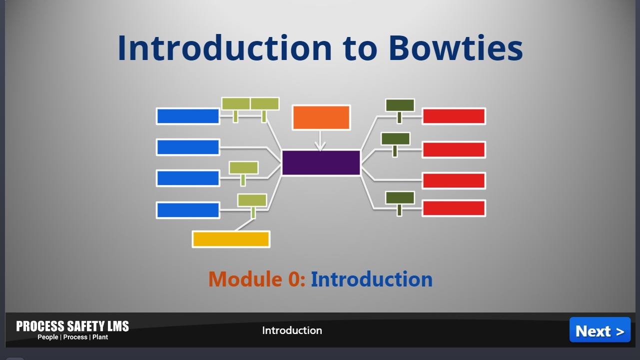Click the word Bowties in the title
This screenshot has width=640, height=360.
click(456, 48)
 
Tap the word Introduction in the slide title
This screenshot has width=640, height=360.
click(224, 48)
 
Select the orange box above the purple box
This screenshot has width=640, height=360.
click(321, 117)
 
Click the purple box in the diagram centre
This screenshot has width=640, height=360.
click(321, 162)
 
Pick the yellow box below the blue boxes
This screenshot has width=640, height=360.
click(231, 239)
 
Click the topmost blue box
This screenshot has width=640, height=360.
click(188, 116)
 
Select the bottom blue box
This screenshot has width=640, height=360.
click(188, 210)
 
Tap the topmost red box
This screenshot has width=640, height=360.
click(454, 116)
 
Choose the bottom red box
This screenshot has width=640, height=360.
click(454, 208)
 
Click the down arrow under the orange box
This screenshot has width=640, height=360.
click(320, 140)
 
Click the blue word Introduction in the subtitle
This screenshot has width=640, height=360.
click(372, 279)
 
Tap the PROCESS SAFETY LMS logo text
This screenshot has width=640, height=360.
click(72, 326)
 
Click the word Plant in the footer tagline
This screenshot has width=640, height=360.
click(100, 337)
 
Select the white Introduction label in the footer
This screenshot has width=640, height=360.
click(292, 330)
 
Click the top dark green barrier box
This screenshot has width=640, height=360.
click(400, 105)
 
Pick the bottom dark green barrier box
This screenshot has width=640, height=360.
click(400, 197)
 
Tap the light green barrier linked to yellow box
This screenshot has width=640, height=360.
click(252, 200)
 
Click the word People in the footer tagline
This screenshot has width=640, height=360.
click(48, 337)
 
